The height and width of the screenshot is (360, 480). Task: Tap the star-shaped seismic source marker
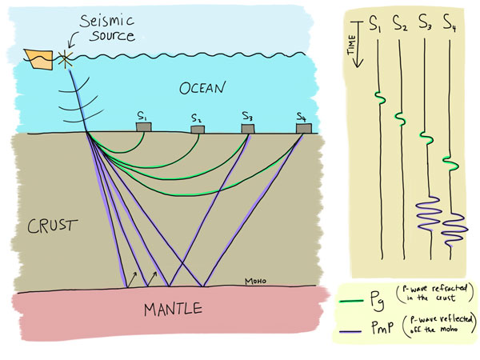(65, 58)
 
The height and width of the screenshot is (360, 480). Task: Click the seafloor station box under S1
(144, 127)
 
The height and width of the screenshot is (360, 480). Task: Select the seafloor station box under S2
(197, 130)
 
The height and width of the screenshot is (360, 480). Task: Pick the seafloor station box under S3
(248, 127)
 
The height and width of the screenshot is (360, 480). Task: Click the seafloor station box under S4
(302, 128)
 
